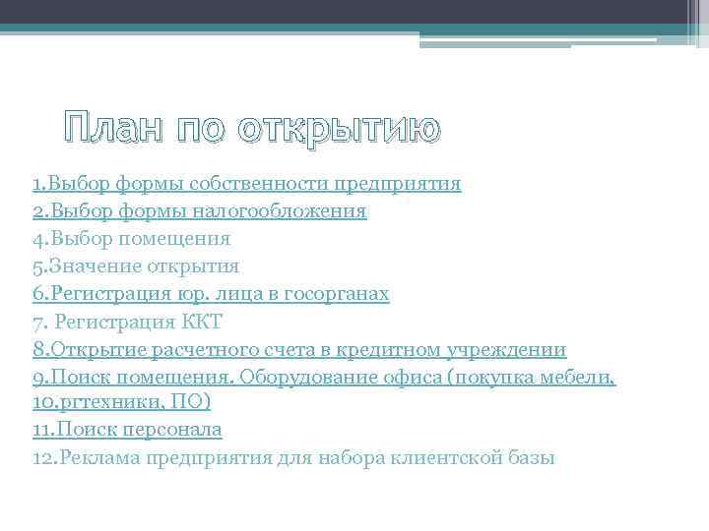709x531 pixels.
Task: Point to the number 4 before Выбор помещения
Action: (x=36, y=238)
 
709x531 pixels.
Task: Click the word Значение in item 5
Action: (x=85, y=265)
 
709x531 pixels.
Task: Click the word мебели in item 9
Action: (x=580, y=376)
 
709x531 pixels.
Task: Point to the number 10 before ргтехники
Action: (x=43, y=402)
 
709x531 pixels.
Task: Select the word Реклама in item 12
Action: (x=101, y=457)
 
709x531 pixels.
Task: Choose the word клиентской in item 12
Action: (x=442, y=457)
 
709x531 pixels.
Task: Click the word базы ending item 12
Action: (x=532, y=457)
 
